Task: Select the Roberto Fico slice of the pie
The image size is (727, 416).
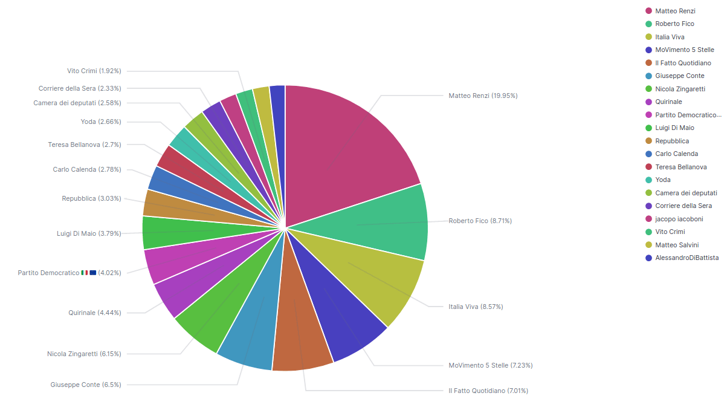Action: (381, 224)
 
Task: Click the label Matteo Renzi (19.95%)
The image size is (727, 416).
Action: (483, 96)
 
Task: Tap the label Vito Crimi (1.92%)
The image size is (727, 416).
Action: (94, 71)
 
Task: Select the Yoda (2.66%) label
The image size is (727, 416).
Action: (101, 122)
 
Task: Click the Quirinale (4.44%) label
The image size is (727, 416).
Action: (94, 313)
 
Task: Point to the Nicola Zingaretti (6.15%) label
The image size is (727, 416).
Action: (84, 354)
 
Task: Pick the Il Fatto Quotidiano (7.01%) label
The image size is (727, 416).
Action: (488, 391)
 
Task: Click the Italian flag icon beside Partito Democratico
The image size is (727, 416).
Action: (85, 273)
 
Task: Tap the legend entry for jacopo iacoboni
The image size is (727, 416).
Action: (679, 219)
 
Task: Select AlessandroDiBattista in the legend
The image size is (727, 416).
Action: (687, 258)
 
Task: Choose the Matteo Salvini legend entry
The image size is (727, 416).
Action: (677, 245)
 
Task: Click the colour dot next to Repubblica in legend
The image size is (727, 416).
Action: (648, 141)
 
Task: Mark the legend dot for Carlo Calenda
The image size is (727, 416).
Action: (648, 154)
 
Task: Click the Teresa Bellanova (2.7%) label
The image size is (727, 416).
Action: (85, 145)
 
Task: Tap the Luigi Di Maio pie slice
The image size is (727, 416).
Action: (181, 232)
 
